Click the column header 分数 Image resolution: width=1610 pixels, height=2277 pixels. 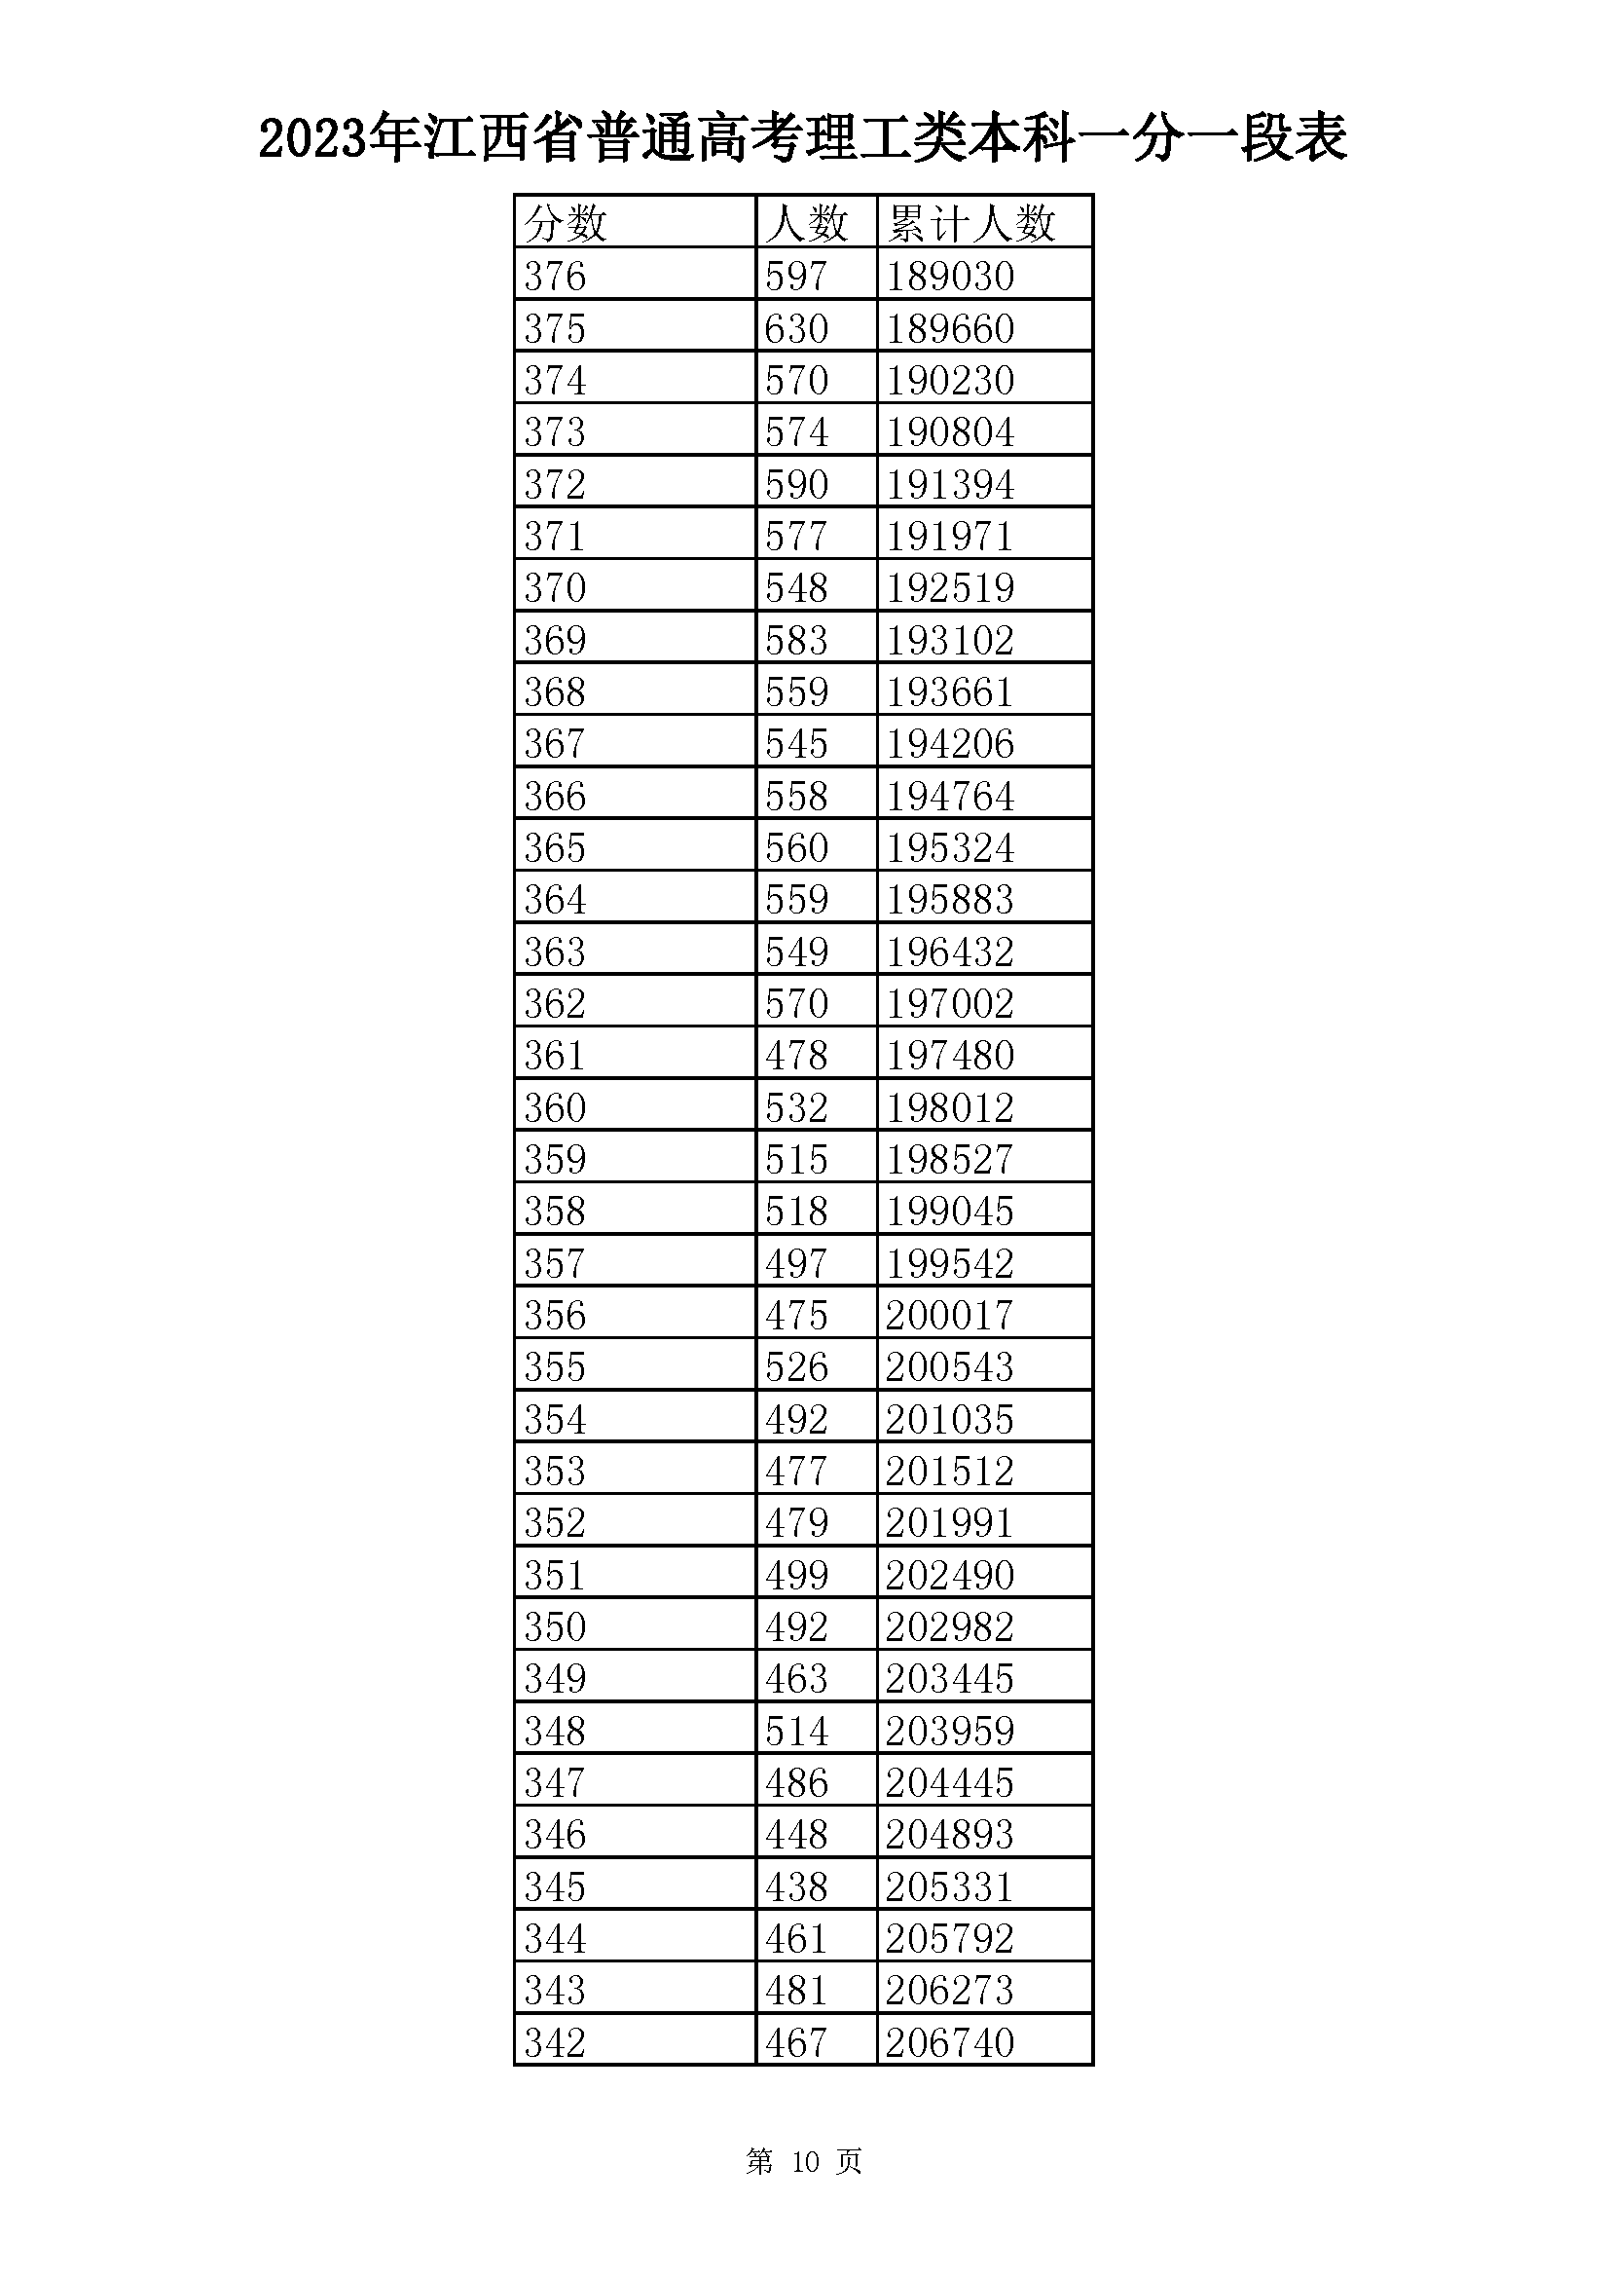pos(566,222)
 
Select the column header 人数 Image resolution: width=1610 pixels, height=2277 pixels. pos(807,222)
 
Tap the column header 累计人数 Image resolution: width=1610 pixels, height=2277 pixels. pos(971,222)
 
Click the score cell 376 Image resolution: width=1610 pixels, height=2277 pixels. pos(555,276)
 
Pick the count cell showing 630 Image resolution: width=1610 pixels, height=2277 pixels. pos(796,328)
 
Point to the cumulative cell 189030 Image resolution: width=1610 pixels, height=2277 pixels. pos(950,276)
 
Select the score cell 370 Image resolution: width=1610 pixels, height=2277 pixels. pos(555,587)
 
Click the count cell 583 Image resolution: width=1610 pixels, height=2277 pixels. pos(796,640)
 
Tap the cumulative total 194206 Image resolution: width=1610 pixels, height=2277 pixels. pos(950,743)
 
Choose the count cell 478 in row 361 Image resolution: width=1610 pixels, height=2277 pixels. pos(796,1054)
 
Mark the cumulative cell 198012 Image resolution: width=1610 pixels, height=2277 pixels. pos(950,1106)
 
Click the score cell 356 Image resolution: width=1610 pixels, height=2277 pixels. pos(555,1315)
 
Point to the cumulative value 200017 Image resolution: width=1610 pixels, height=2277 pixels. pos(950,1315)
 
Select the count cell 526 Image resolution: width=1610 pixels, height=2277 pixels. pos(796,1366)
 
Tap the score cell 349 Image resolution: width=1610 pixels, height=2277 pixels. pos(555,1678)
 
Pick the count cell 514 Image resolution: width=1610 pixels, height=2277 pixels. pos(796,1731)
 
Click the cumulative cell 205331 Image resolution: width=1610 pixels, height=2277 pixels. pos(950,1886)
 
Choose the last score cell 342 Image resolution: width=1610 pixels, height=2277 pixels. pos(555,2042)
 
